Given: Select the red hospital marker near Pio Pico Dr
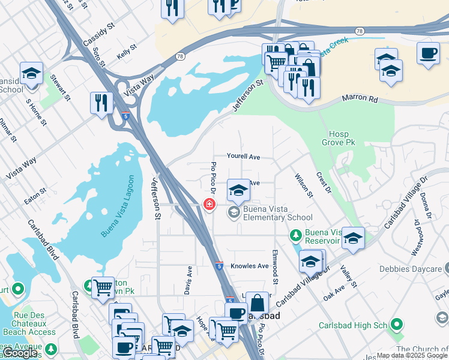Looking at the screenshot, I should (x=209, y=205).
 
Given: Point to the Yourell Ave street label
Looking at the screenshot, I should (x=243, y=157).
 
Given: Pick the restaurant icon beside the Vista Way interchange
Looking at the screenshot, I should (x=101, y=103).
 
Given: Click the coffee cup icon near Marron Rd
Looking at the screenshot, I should (x=428, y=53).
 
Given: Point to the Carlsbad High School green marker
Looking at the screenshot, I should (x=396, y=325).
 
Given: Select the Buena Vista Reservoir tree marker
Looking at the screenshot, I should (x=295, y=234).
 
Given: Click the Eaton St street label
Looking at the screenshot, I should (x=35, y=193).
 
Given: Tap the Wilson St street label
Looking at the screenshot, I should (x=304, y=185).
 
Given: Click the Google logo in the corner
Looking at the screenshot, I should (x=20, y=353).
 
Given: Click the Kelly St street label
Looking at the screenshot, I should (x=127, y=53).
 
